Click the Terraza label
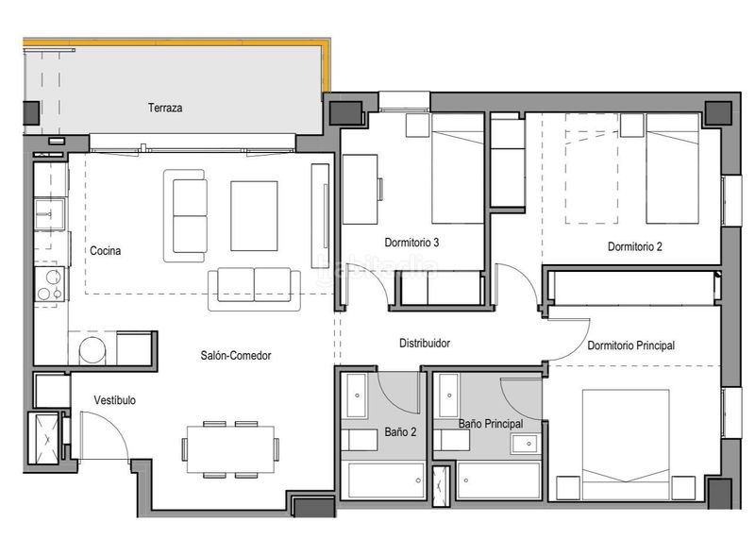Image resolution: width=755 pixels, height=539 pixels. click(x=165, y=108)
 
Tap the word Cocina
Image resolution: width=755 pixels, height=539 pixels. click(x=106, y=250)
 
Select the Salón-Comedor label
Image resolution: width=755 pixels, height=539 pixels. click(x=236, y=356)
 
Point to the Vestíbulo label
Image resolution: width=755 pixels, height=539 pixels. click(x=114, y=400)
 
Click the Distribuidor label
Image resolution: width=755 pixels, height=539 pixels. click(x=425, y=343)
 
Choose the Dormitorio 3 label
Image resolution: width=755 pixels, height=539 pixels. click(x=411, y=243)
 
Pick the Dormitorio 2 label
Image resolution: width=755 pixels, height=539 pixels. click(x=634, y=246)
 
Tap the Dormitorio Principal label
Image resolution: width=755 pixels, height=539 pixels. click(x=630, y=345)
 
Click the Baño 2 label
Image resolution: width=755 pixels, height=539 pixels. click(x=400, y=432)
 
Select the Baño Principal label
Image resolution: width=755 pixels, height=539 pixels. click(x=491, y=424)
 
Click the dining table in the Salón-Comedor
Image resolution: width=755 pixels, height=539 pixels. click(x=230, y=449)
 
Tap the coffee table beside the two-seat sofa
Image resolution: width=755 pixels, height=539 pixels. click(x=254, y=216)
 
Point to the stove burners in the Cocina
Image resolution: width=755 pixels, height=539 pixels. click(x=50, y=284)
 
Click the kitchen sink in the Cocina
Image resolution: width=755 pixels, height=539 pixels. click(x=49, y=214)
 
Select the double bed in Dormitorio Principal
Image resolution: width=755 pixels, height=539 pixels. click(x=626, y=445)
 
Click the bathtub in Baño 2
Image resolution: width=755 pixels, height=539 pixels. click(x=386, y=480)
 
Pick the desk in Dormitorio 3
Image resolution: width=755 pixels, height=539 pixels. click(x=361, y=190)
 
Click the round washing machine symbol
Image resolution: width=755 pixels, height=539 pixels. click(x=92, y=350)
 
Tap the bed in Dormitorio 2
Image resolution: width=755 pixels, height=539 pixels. click(x=672, y=169)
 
